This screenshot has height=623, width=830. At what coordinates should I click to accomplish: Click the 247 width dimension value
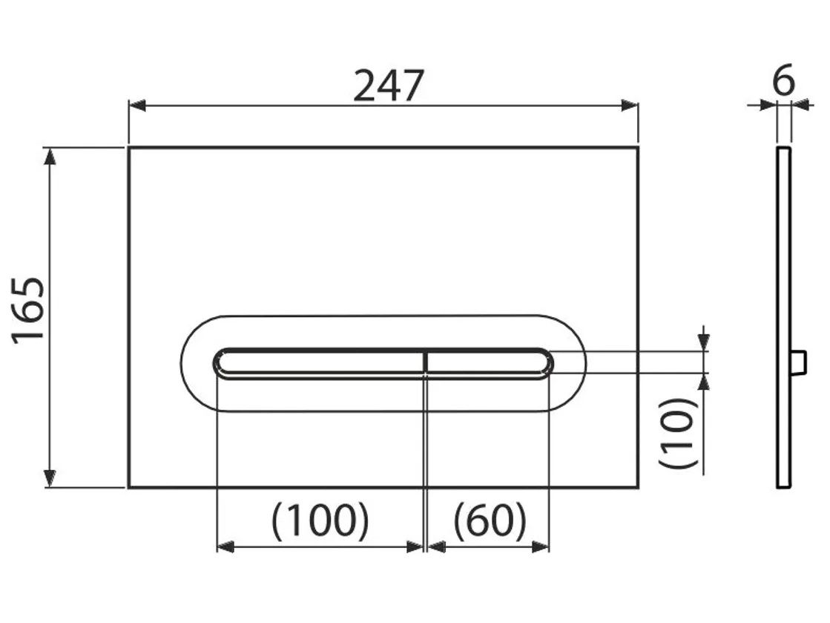388,86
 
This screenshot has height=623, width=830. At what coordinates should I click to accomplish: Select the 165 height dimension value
29,310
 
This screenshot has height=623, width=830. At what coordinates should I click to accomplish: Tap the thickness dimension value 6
784,80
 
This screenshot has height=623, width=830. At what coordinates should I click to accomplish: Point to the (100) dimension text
320,521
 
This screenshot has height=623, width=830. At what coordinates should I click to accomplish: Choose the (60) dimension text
490,521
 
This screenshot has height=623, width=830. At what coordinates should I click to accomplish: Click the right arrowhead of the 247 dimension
630,105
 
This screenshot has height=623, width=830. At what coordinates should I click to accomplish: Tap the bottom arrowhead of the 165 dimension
50,478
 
